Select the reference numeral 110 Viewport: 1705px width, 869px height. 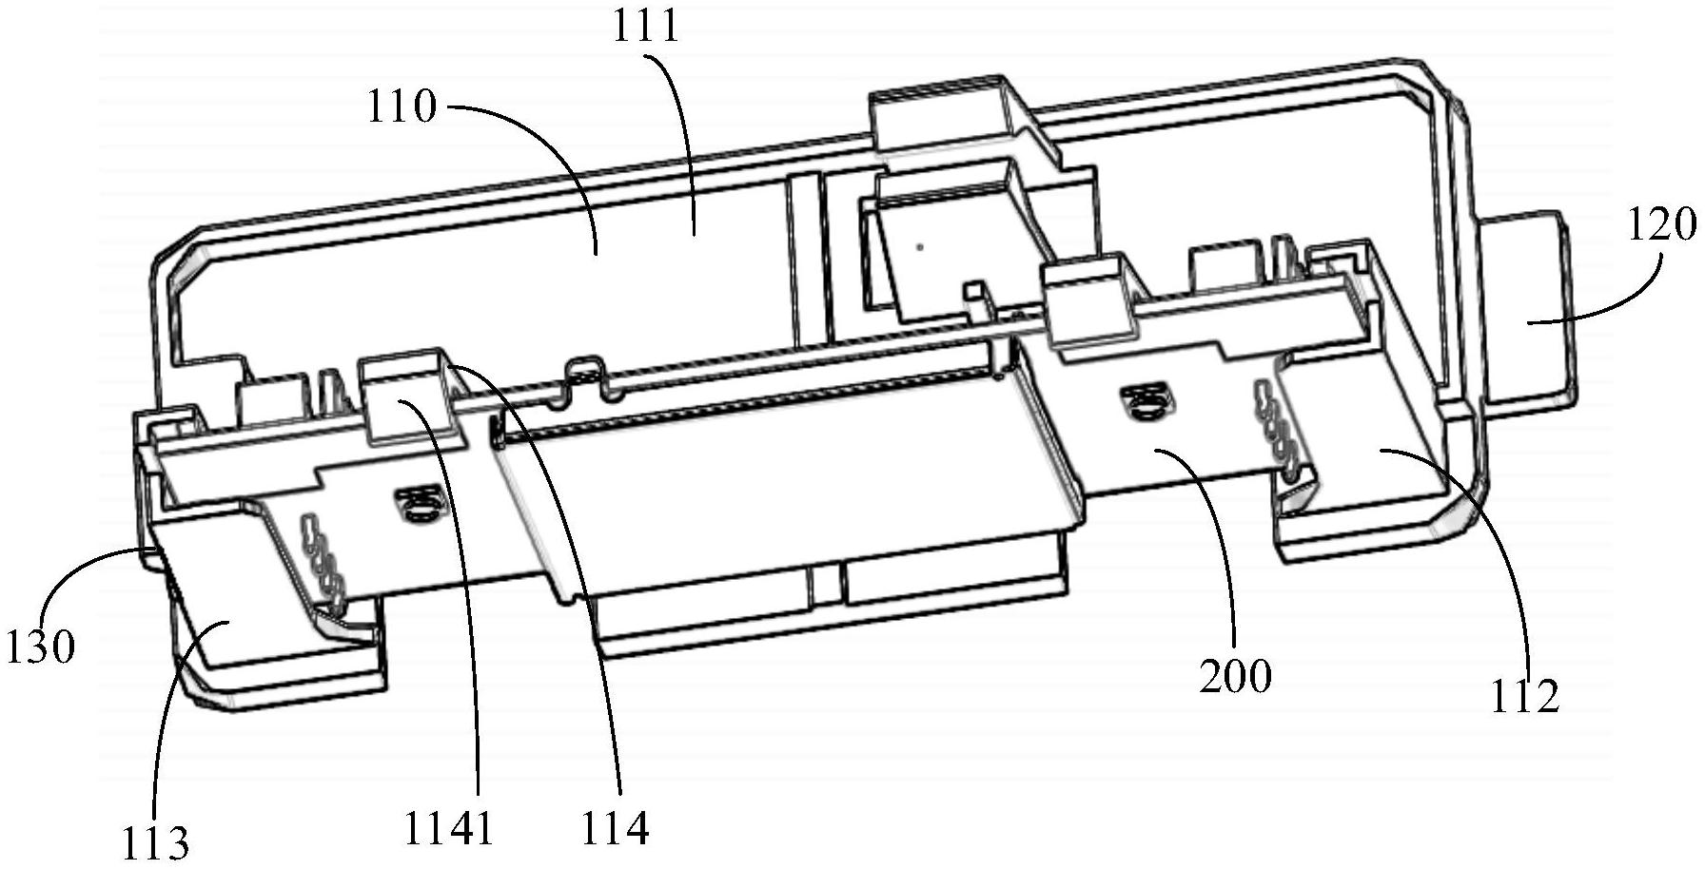pos(401,107)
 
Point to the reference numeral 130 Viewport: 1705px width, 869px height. pos(40,647)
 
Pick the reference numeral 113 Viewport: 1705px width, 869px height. pos(155,842)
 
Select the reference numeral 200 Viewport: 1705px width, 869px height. pos(1235,676)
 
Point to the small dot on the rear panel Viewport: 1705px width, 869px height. pos(919,247)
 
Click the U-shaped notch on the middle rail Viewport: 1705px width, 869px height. pos(586,376)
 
